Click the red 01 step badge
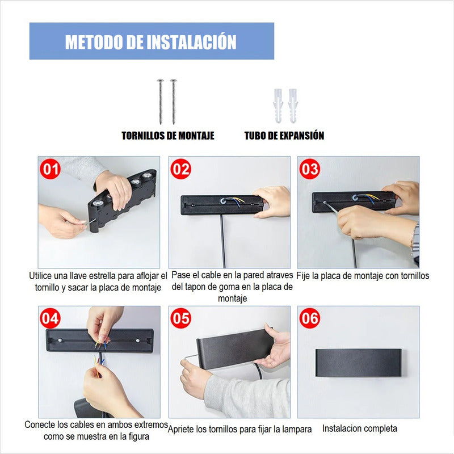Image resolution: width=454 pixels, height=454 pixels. (50, 169)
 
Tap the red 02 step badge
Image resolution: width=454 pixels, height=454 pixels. (180, 169)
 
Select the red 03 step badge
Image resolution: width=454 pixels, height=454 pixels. (310, 169)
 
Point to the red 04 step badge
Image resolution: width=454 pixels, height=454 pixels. (50, 318)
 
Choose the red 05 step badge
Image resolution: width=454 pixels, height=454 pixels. (180, 318)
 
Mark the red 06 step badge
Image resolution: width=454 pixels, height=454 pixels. (310, 318)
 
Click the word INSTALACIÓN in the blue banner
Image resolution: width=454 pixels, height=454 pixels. (191, 41)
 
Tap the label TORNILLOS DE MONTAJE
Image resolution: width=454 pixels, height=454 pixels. (168, 136)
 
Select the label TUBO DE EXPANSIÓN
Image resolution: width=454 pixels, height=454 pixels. (284, 136)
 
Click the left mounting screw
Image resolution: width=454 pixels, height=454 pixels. (161, 102)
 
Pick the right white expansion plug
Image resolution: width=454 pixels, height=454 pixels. (292, 106)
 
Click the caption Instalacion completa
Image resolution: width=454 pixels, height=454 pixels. (360, 428)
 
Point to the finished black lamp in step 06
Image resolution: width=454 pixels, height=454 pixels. (359, 363)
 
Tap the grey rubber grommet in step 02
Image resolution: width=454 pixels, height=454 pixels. (223, 200)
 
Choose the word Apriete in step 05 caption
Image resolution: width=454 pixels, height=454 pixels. (180, 429)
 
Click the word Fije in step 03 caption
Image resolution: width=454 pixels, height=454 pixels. (303, 276)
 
